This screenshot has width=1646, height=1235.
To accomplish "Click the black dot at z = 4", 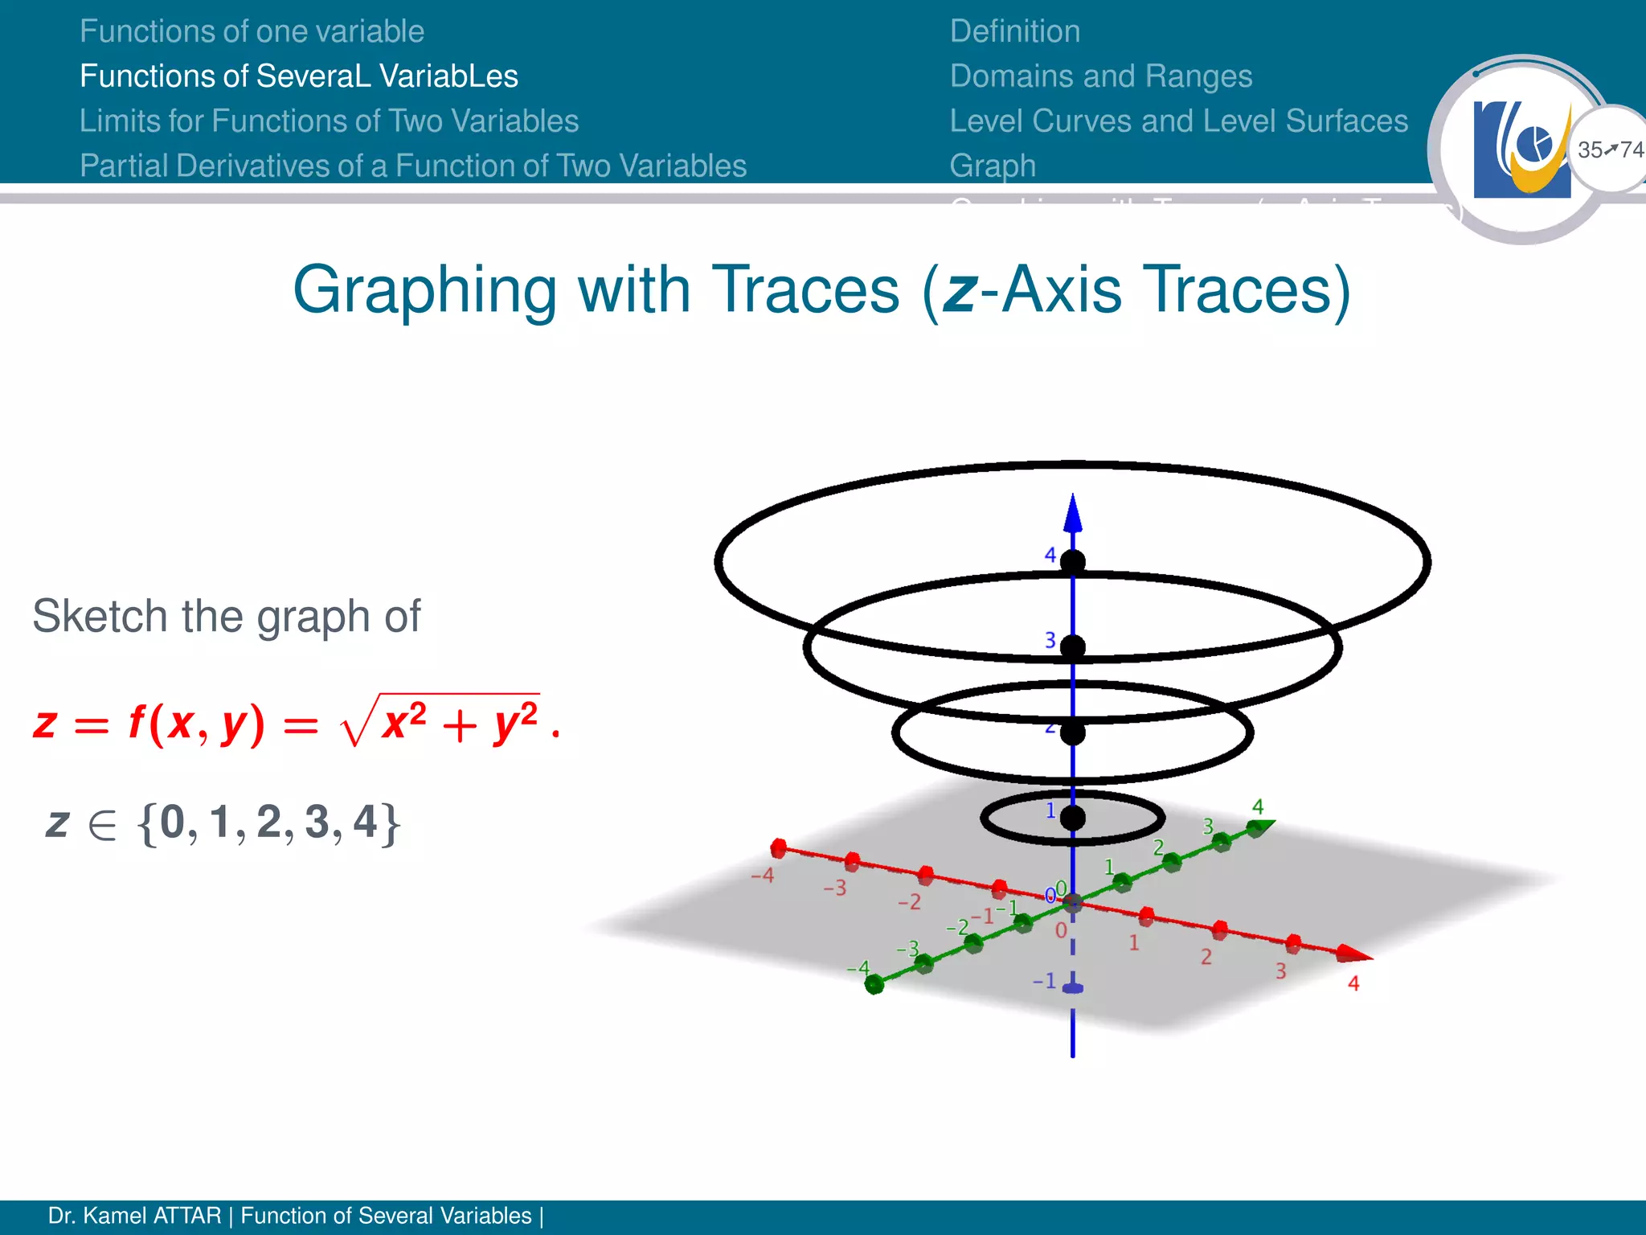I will (1072, 561).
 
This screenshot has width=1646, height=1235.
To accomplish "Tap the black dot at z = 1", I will (1072, 819).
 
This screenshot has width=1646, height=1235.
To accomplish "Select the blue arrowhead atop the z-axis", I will (1072, 513).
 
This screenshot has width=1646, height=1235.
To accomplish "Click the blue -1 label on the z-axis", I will (1044, 980).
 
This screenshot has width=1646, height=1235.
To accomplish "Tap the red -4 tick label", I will (762, 875).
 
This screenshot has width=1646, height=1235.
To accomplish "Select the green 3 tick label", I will (1207, 826).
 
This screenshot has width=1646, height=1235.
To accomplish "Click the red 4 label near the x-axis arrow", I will (1353, 983).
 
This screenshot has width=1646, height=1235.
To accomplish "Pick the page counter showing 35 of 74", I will (1610, 150).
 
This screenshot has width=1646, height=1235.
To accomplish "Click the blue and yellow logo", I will (1521, 150).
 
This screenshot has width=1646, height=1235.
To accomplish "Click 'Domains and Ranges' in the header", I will (1100, 76).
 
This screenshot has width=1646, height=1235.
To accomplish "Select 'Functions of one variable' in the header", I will (252, 31).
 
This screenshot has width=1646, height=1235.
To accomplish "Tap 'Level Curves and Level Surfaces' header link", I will (1178, 121).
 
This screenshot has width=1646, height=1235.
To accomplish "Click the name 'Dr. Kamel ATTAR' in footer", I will (134, 1216).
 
